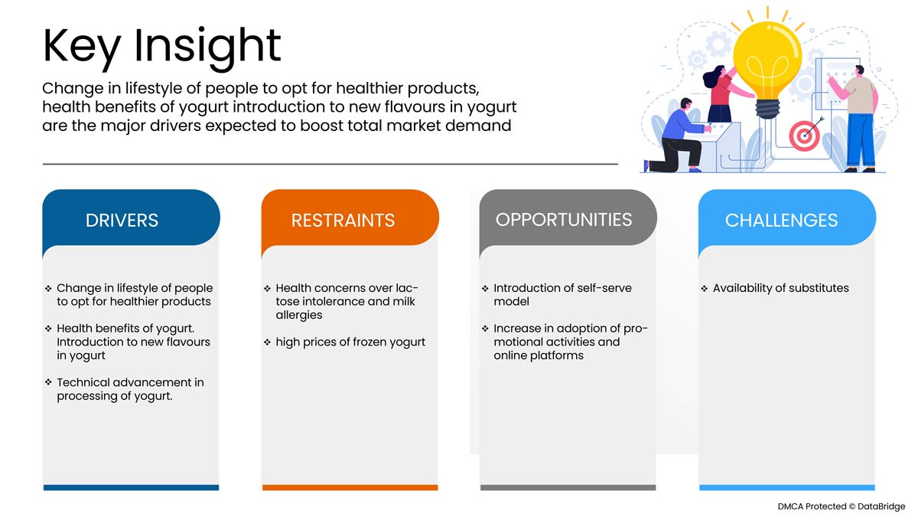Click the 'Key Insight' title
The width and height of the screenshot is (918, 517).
[x=161, y=47]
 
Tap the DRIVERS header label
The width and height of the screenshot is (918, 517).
[x=122, y=221]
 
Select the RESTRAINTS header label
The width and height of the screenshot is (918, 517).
[x=343, y=221]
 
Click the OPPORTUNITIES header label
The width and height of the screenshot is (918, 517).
[x=564, y=220]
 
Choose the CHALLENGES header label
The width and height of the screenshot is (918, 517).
[x=781, y=221]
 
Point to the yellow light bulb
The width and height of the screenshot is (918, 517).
[x=767, y=67]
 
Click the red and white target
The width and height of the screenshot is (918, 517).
[x=804, y=136]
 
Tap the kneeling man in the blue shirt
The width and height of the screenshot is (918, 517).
[x=679, y=136]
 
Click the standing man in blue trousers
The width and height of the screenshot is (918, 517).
[x=857, y=119]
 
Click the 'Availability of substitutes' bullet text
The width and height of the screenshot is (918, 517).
[x=780, y=288]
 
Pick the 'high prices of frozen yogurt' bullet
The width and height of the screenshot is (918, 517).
[x=350, y=342]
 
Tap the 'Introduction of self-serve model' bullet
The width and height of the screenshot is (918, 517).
[x=562, y=295]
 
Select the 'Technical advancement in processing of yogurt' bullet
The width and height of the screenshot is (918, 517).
[x=130, y=389]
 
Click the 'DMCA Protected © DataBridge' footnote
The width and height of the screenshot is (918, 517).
[x=841, y=506]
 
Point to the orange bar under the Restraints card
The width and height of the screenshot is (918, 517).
[x=350, y=487]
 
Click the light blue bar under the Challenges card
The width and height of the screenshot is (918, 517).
[x=787, y=487]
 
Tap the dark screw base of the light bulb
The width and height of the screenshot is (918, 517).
[x=767, y=109]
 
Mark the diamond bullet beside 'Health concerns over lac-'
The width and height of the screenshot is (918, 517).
[x=267, y=289]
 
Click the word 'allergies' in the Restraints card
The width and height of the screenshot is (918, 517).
[x=299, y=315]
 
